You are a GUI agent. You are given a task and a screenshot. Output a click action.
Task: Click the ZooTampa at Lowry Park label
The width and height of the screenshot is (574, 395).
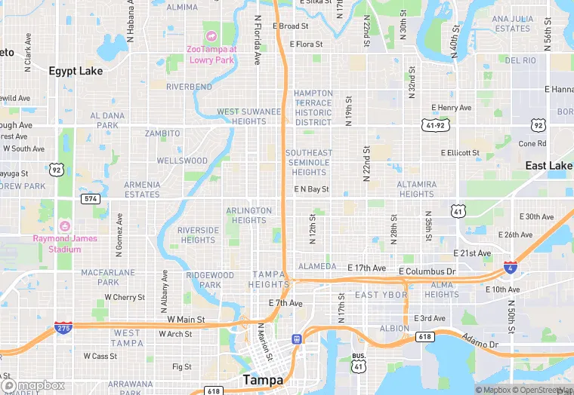(x=211, y=54)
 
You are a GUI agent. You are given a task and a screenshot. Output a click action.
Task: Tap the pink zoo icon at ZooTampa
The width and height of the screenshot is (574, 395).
(x=211, y=36)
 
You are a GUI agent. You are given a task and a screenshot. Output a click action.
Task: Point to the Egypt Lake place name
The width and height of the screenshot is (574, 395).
(x=76, y=71)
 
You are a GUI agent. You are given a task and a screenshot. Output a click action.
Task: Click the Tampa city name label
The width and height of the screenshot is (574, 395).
(x=263, y=380)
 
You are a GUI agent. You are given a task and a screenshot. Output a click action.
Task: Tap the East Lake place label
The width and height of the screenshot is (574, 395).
(x=549, y=166)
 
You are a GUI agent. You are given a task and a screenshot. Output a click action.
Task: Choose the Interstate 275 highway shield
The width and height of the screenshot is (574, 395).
(x=64, y=328)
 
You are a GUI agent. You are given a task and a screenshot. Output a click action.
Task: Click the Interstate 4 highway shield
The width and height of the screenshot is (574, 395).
(x=511, y=268)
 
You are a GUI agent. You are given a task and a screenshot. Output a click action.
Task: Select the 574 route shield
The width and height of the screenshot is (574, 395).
(x=91, y=198)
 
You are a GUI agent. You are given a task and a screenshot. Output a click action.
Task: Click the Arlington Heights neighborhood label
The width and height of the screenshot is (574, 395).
(x=248, y=216)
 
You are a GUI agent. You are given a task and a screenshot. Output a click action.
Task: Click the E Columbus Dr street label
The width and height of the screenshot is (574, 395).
(x=427, y=271)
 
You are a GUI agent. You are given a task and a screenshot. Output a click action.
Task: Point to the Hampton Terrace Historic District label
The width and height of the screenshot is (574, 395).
(x=313, y=108)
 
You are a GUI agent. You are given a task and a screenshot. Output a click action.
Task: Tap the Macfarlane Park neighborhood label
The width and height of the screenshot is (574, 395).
(x=108, y=277)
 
